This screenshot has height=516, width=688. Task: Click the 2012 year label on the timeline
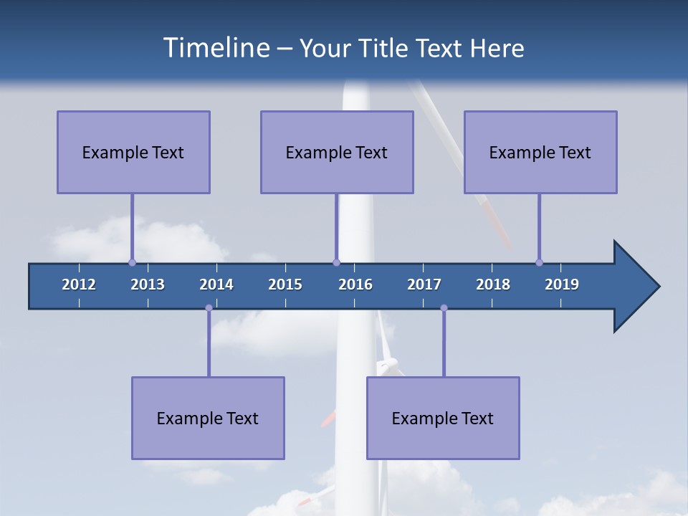[x=79, y=285]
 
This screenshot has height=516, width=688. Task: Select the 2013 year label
[x=148, y=285]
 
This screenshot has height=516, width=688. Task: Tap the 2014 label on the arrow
[x=216, y=285]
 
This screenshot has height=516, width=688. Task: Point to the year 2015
[x=285, y=285]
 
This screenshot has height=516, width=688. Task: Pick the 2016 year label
[x=355, y=285]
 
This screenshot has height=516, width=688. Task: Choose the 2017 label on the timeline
[x=424, y=285]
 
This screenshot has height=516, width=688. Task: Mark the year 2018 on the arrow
[x=493, y=285]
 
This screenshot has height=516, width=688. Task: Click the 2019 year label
[x=562, y=285]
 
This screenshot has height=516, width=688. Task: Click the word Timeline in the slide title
[x=215, y=48]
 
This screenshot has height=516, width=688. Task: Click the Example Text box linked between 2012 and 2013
[x=133, y=152]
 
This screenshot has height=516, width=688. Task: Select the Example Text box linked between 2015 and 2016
[x=337, y=152]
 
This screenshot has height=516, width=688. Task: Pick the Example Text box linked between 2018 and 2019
[x=540, y=152]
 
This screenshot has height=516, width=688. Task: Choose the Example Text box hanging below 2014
[x=208, y=418]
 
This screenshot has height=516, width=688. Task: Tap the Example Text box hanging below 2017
[x=443, y=418]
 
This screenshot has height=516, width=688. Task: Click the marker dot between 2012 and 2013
[x=132, y=262]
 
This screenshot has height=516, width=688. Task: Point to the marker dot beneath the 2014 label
[x=209, y=308]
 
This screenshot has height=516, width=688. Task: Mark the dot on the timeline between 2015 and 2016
[x=336, y=262]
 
